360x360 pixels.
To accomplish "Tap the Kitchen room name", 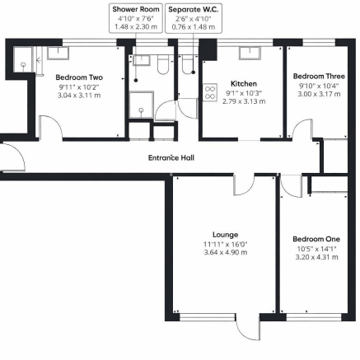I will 244,83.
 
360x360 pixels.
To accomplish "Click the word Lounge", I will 225,233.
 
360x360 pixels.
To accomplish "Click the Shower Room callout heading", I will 135,8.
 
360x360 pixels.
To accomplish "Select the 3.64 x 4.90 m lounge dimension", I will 225,252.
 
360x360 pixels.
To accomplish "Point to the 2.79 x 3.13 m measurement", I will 244,101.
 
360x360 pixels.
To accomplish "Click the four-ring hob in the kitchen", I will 209,91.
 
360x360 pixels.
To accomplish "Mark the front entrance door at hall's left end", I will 10,157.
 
